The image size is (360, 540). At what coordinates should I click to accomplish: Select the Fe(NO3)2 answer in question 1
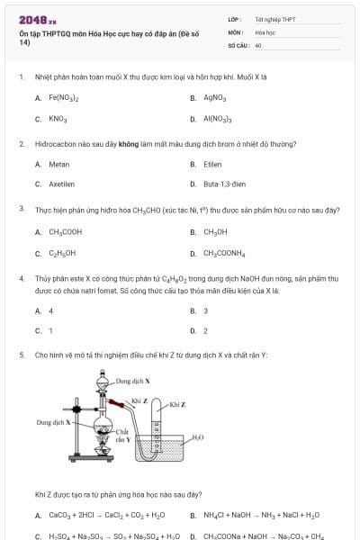(x=64, y=97)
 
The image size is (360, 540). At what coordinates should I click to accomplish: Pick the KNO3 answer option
(x=58, y=119)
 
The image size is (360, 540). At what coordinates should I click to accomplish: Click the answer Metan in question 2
(x=58, y=165)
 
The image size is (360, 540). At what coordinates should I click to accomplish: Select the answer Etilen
(x=212, y=165)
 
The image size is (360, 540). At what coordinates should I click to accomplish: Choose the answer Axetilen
(x=62, y=184)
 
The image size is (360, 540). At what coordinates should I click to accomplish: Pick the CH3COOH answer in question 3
(x=65, y=232)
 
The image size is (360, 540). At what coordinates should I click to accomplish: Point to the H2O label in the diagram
(x=198, y=437)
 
